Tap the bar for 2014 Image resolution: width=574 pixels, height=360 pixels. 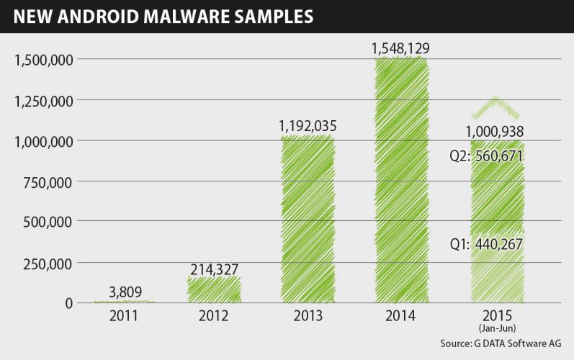pos(401,180)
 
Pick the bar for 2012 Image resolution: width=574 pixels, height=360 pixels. pos(214,288)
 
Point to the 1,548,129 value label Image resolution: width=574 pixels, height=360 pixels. pos(401,49)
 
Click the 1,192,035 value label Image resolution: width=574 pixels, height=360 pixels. pos(308,127)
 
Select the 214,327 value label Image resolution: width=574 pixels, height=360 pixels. pos(214,269)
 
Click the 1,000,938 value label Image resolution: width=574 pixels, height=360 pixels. pos(494,131)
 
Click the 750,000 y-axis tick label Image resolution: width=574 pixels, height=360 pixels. pos(48,181)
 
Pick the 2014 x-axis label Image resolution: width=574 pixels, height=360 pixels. pos(401,316)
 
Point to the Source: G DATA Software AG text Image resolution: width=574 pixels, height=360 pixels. pos(500,343)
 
